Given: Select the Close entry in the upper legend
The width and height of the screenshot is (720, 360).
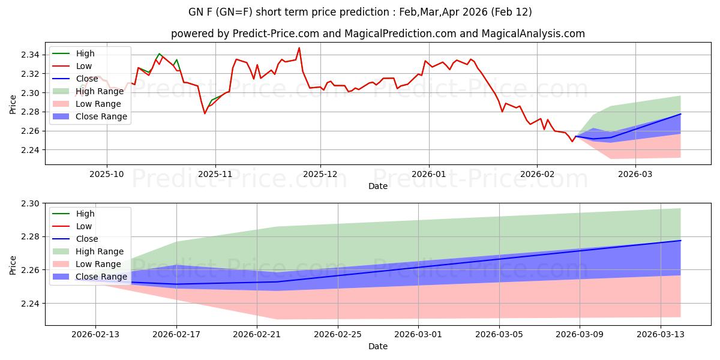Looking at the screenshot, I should [87, 79].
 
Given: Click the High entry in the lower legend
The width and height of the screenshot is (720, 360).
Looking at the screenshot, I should [85, 214].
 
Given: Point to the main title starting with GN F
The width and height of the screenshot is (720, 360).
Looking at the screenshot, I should [360, 12].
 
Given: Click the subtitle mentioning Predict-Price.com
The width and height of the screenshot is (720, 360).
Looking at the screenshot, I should [378, 34].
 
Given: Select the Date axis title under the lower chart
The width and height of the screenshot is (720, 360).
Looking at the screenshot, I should [378, 346].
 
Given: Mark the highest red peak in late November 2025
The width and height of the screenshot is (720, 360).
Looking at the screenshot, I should [299, 48].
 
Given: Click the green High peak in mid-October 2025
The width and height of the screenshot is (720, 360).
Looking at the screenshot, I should [159, 54].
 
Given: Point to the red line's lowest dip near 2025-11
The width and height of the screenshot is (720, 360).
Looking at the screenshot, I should [205, 113].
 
